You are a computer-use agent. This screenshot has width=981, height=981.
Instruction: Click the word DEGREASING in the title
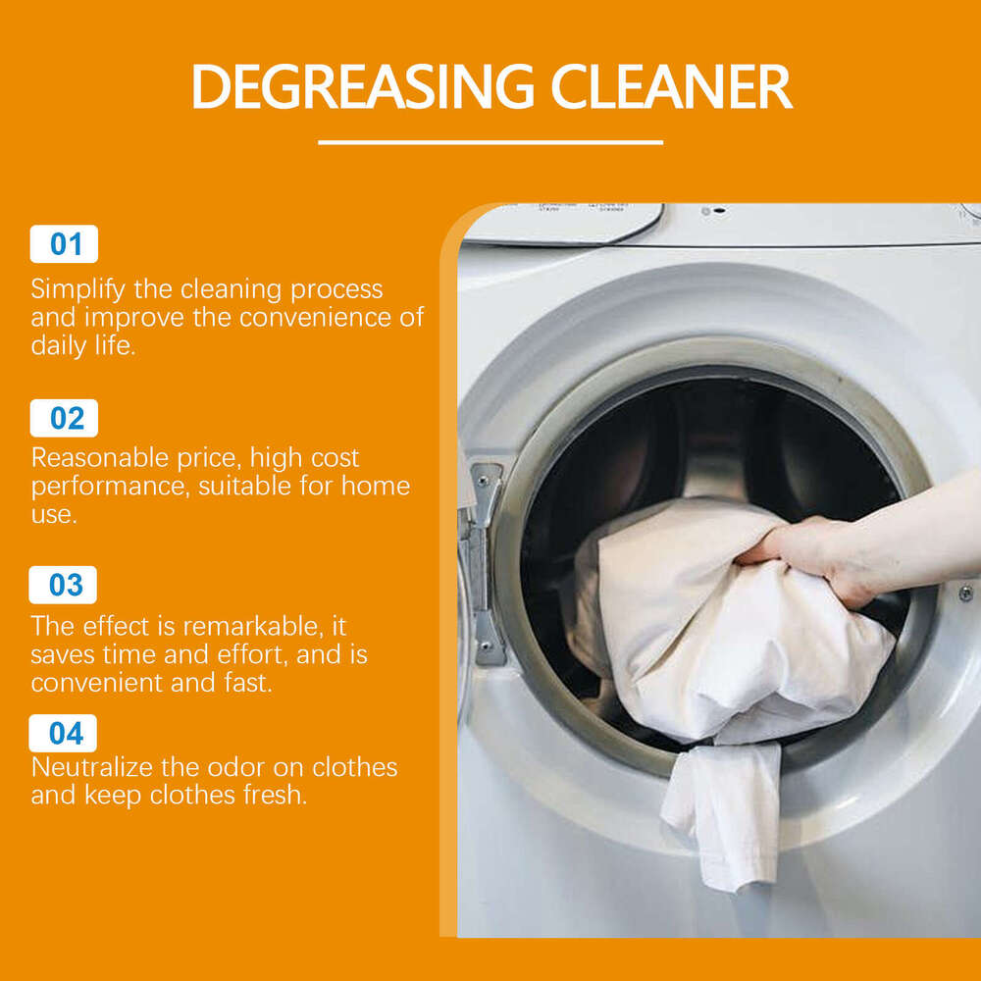363,86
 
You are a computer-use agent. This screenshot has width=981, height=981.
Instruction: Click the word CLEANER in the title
671,86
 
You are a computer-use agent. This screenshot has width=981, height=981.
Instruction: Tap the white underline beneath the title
490,142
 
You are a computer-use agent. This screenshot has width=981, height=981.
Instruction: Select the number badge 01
65,243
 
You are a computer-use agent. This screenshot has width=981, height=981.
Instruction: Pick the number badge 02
65,418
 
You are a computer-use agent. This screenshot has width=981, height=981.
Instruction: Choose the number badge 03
65,585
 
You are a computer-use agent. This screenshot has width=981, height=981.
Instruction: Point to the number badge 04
65,733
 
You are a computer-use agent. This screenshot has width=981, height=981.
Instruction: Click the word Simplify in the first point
77,290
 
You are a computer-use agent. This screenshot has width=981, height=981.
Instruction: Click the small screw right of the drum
965,594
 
